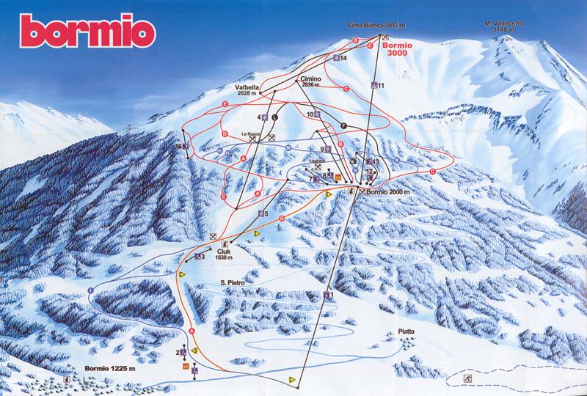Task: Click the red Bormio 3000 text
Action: [x=399, y=48]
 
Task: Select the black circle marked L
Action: [x=274, y=115]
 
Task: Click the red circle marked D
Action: [x=223, y=134]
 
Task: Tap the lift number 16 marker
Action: [x=180, y=146]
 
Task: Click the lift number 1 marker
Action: [x=329, y=295]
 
